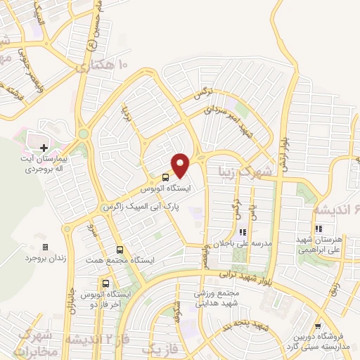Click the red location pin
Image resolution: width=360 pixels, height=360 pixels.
pyautogui.click(x=181, y=165)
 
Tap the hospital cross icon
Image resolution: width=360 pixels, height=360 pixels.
pyautogui.click(x=44, y=148)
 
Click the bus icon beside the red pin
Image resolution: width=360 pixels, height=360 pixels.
pyautogui.click(x=165, y=177)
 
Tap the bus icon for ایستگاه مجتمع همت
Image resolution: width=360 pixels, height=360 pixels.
pyautogui.click(x=120, y=249)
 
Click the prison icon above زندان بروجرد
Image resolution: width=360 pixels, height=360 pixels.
pyautogui.click(x=46, y=247)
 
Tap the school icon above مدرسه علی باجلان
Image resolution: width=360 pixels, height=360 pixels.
pyautogui.click(x=243, y=231)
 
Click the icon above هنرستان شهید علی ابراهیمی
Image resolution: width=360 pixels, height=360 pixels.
pyautogui.click(x=319, y=229)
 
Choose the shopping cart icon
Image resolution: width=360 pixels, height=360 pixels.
pyautogui.click(x=318, y=326)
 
